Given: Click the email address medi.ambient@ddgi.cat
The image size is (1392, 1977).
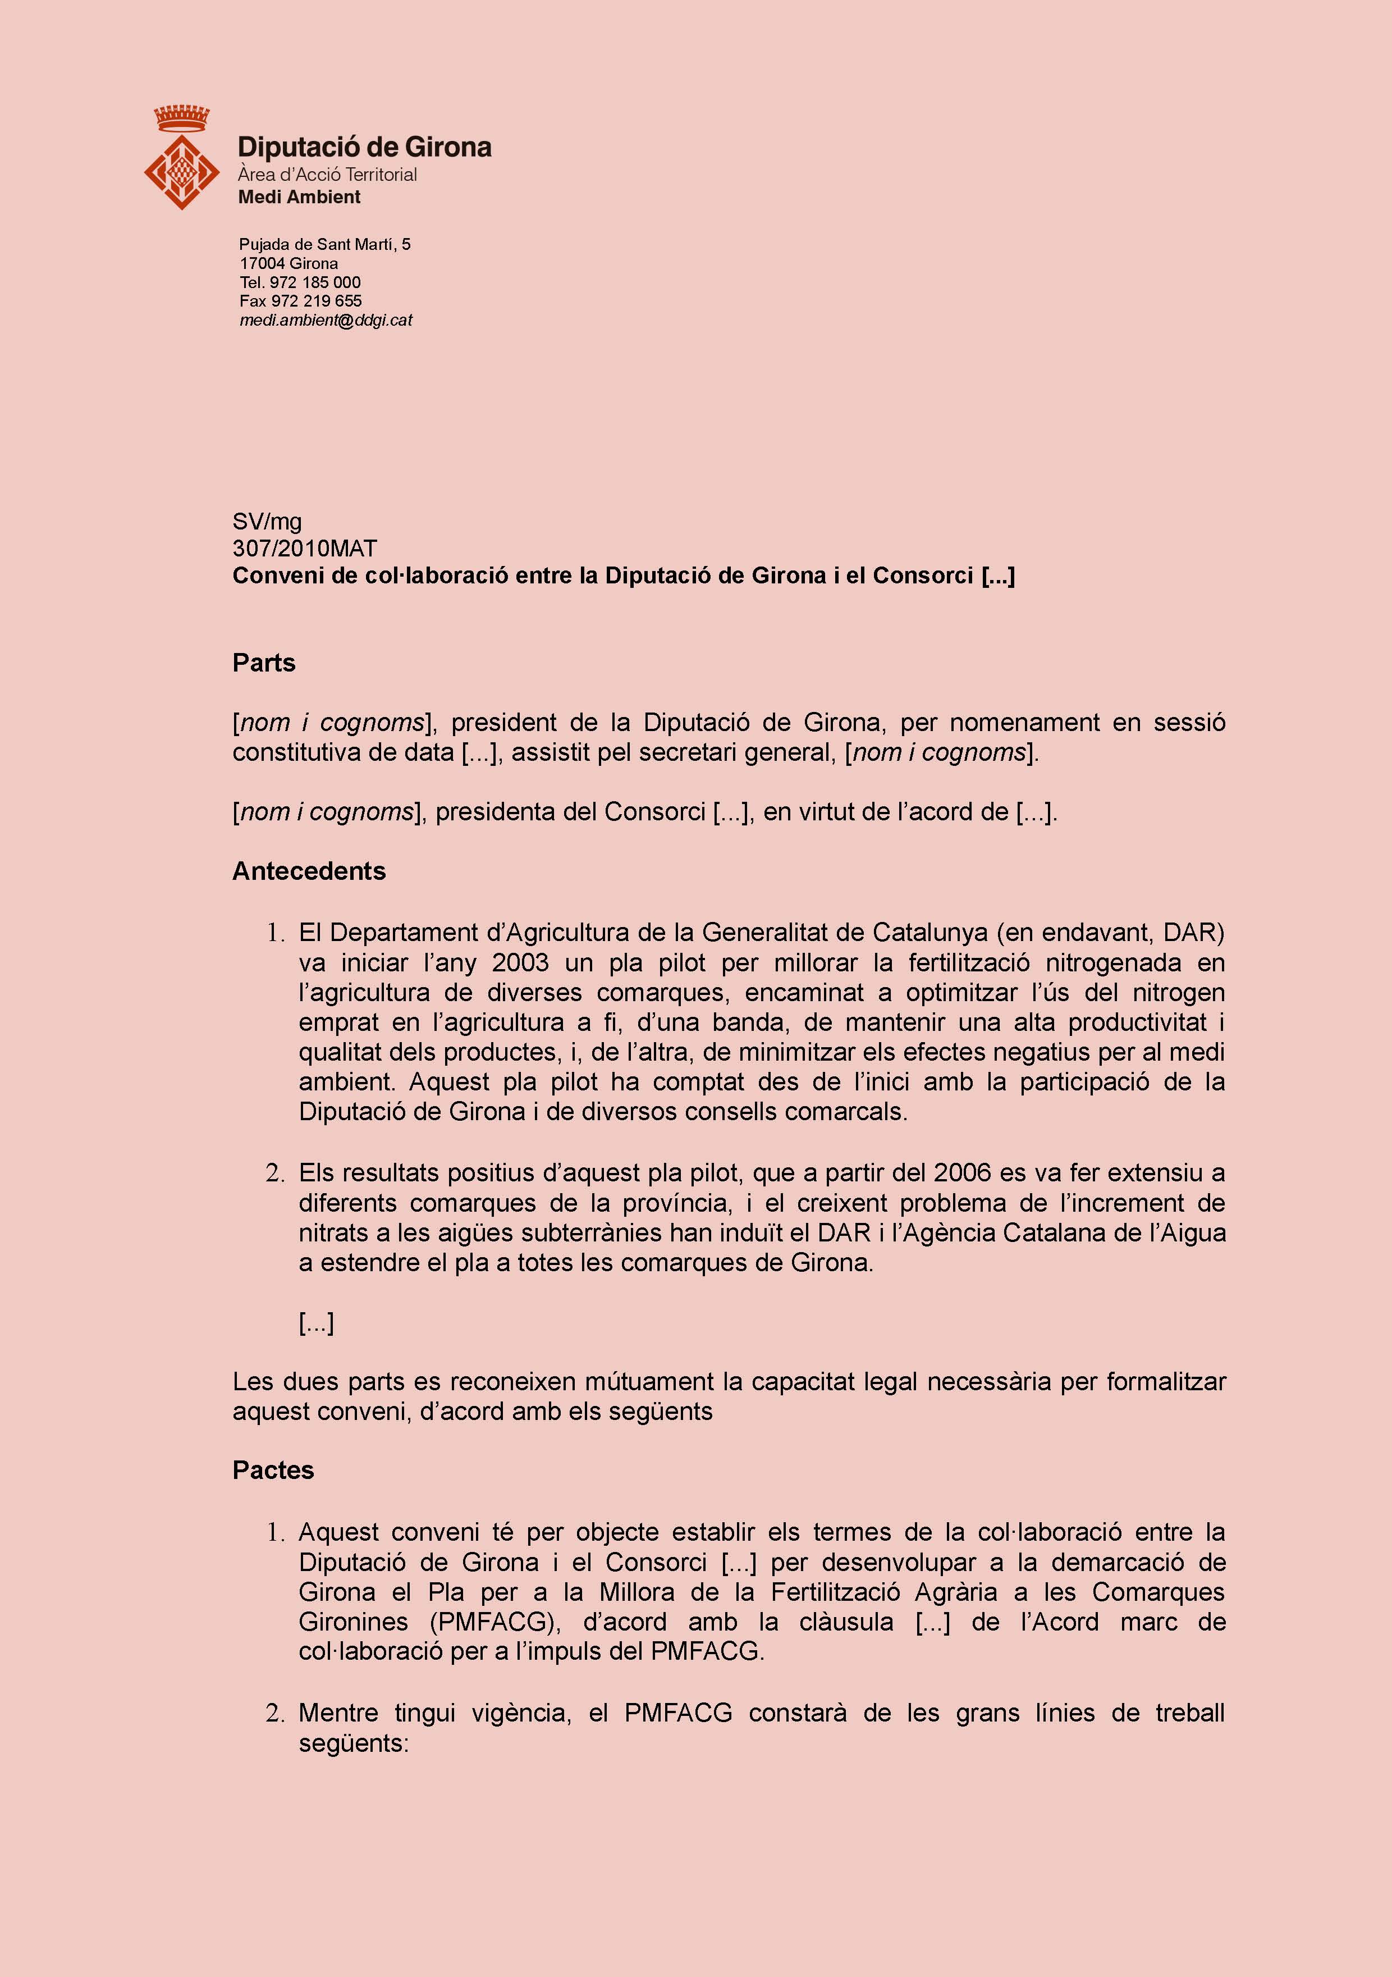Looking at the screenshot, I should coord(326,320).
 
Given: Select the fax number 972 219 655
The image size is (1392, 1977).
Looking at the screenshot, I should coord(316,302).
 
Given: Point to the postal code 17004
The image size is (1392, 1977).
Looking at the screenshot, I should coord(263,263).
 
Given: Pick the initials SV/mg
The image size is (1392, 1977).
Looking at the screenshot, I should coord(267,521).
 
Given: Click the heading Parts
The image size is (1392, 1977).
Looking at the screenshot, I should coord(263,663).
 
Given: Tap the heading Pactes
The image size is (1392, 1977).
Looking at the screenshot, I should coord(273,1470).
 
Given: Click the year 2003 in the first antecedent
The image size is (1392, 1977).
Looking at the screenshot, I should coord(520,962).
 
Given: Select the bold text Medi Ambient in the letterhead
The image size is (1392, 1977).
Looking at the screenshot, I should coord(299,197).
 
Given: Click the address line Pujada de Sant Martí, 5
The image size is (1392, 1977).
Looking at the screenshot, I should coord(324,245).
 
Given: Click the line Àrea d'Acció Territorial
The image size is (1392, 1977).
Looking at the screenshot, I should coord(327,175).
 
